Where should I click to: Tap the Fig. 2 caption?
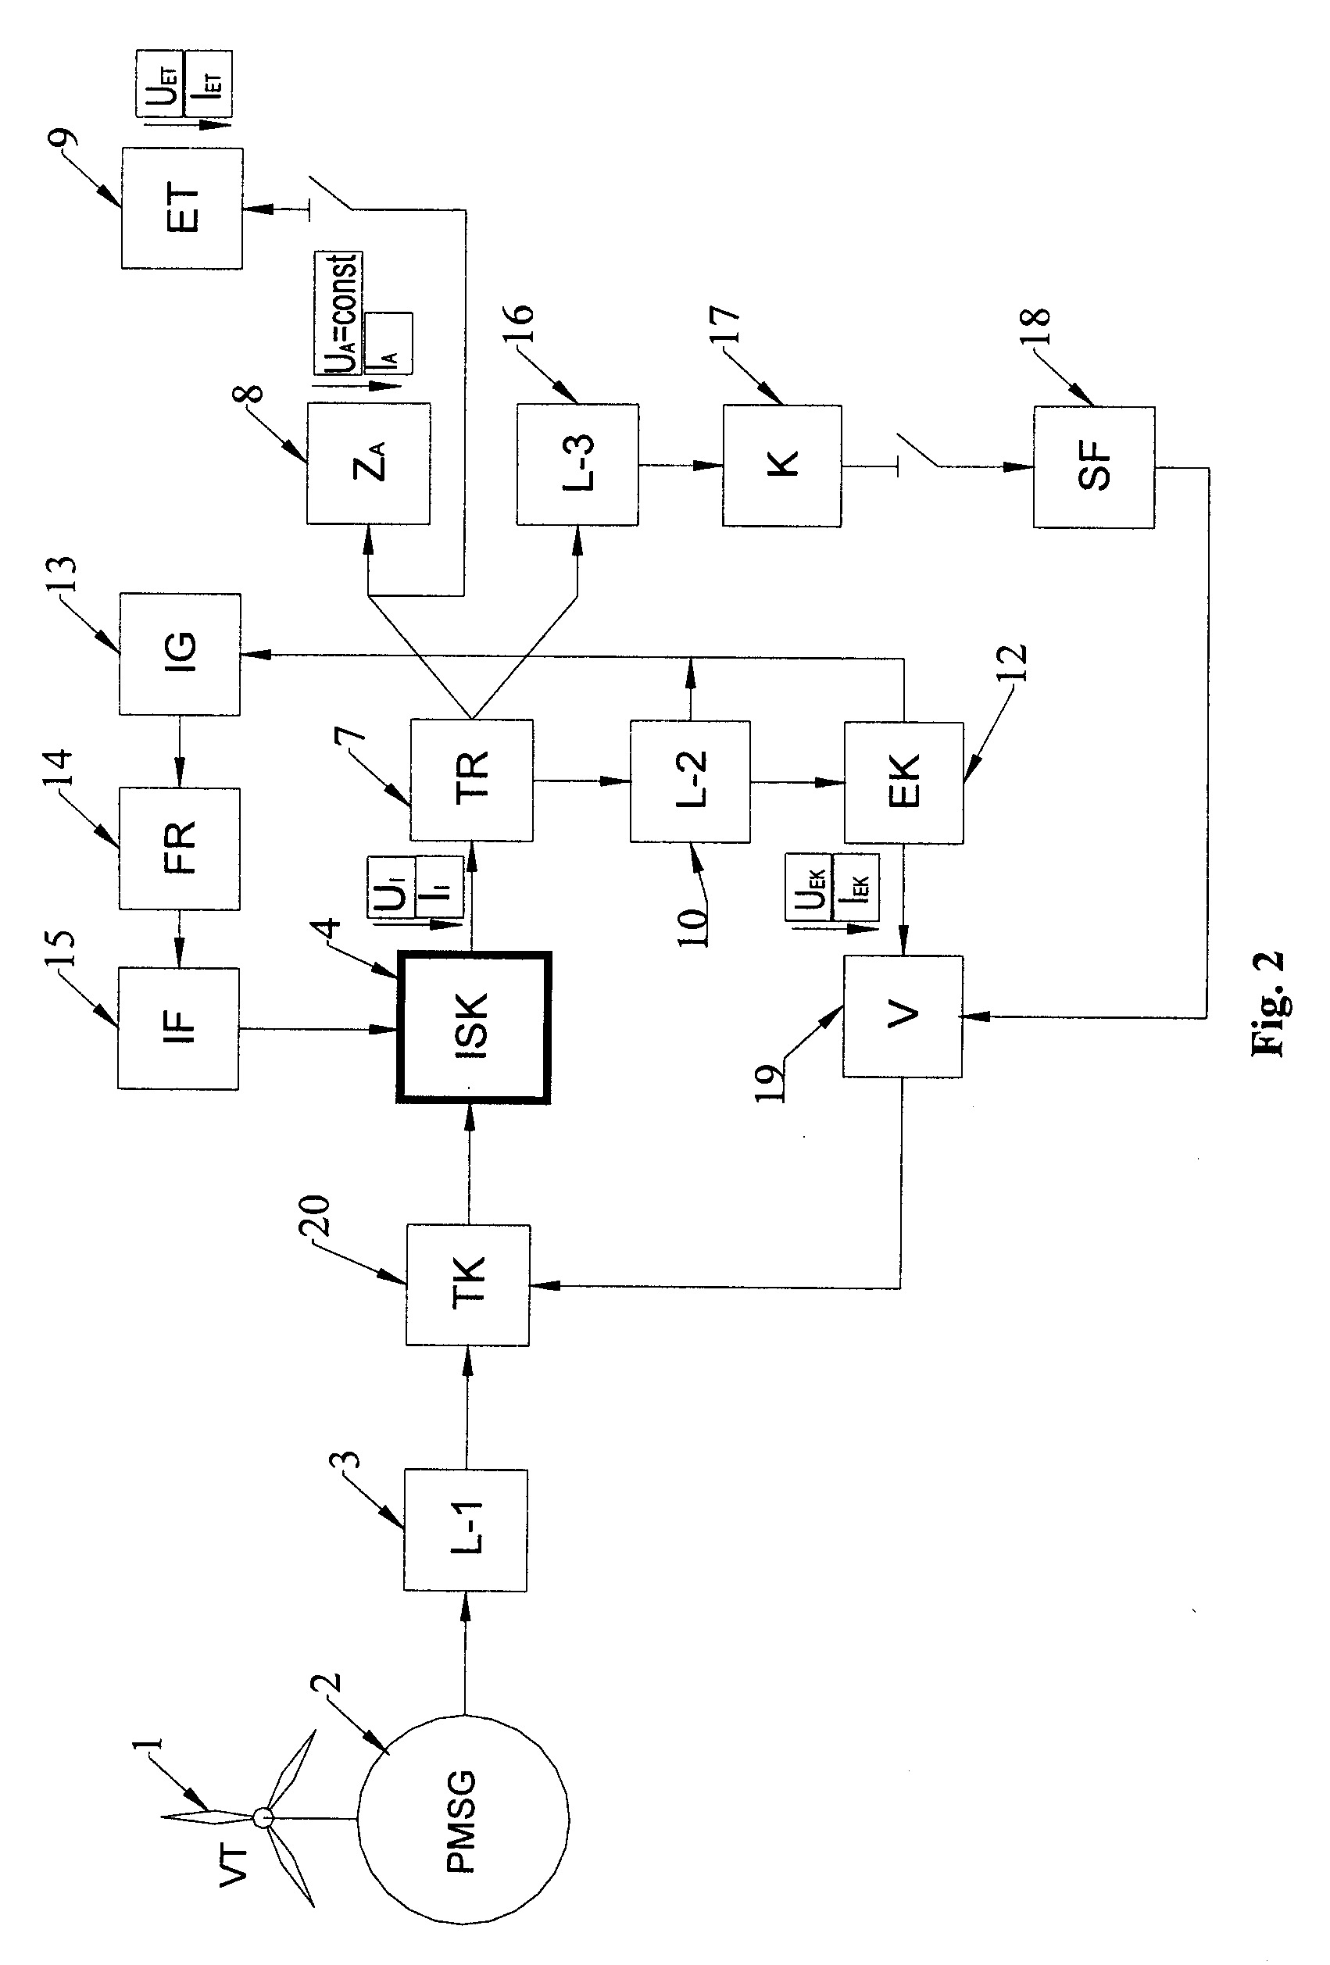click(x=1267, y=1002)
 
